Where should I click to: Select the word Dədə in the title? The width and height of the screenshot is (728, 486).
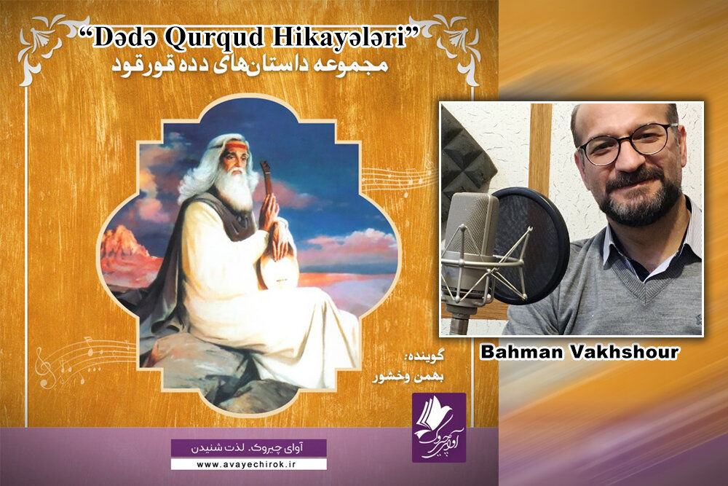(x=125, y=38)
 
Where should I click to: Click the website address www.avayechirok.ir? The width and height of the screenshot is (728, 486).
(x=248, y=463)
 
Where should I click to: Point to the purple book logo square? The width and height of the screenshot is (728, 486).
(x=439, y=428)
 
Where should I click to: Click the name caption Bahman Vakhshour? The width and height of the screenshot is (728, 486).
(x=579, y=352)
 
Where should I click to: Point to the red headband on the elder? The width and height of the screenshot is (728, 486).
(x=237, y=147)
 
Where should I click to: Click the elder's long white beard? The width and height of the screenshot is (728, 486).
(x=235, y=189)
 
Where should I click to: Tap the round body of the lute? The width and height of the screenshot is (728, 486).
(x=277, y=273)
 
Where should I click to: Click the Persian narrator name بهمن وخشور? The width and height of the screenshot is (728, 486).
(x=408, y=377)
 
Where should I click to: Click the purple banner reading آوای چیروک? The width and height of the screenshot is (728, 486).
(x=248, y=448)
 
